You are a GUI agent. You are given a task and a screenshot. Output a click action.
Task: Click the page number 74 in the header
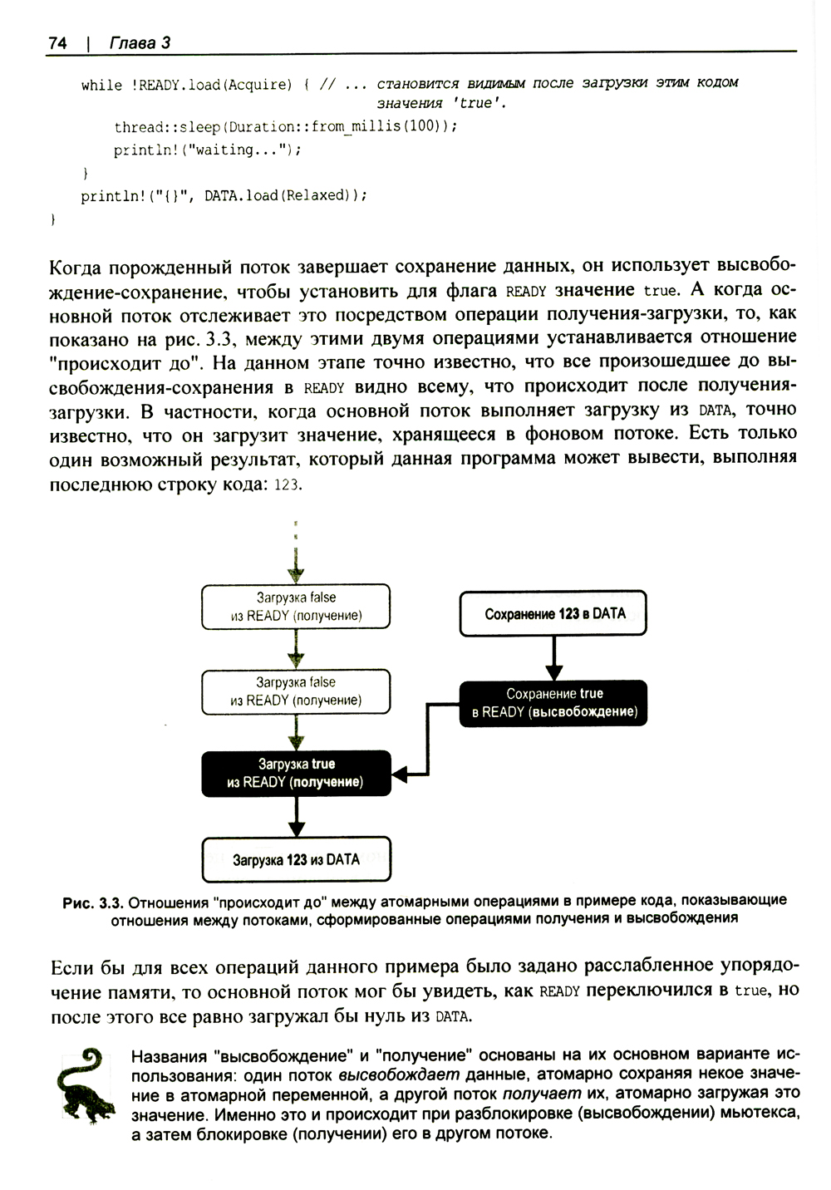(x=57, y=43)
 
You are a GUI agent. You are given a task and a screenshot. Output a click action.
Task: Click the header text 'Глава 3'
(x=140, y=43)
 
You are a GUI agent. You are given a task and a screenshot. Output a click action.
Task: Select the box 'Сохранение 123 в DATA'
(x=554, y=614)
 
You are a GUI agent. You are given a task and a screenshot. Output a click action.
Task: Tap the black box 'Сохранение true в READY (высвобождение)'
(x=554, y=703)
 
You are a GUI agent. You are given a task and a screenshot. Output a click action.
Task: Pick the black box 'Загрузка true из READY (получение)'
(x=296, y=773)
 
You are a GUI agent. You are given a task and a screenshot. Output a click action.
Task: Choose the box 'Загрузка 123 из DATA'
(x=296, y=859)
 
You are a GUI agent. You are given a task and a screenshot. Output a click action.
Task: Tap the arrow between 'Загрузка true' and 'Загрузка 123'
(x=297, y=817)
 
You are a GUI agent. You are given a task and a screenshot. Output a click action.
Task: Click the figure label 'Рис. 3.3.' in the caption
(x=93, y=901)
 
